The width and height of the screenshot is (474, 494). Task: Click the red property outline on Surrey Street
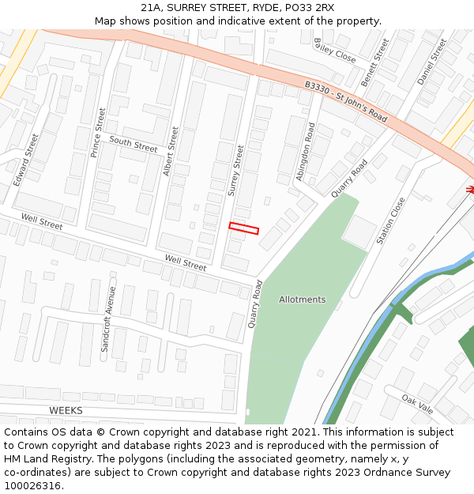[244, 228]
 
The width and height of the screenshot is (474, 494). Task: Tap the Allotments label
[302, 300]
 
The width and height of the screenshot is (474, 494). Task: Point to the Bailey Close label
[335, 51]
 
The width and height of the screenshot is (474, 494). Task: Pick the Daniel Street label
[432, 62]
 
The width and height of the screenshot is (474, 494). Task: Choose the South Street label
[134, 144]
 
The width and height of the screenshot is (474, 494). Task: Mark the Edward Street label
[26, 159]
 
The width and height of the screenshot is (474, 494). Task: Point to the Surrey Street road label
[236, 169]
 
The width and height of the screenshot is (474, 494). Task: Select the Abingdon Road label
[306, 152]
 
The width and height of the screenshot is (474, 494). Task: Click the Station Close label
[391, 221]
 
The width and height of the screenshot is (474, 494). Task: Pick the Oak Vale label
[417, 404]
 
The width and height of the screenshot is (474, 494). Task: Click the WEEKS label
[66, 410]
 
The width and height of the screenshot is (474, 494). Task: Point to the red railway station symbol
[470, 190]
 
